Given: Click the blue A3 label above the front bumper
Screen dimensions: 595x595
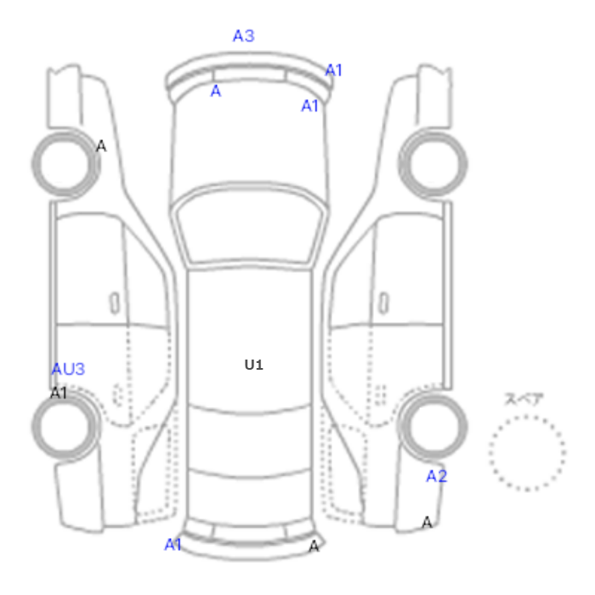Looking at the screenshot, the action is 244,36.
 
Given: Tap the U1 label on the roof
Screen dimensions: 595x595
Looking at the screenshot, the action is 254,365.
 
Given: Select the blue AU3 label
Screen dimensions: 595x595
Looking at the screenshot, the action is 68,369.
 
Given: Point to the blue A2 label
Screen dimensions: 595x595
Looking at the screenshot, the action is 437,476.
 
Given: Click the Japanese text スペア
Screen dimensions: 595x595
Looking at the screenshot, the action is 524,399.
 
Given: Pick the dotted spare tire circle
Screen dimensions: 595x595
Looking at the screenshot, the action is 527,416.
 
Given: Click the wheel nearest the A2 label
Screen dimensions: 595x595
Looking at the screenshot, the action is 433,399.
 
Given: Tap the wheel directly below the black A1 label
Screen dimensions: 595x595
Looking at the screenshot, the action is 65,397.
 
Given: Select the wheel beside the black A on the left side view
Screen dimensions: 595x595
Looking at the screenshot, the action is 65,133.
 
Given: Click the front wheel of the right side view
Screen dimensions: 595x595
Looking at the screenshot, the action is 433,133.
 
